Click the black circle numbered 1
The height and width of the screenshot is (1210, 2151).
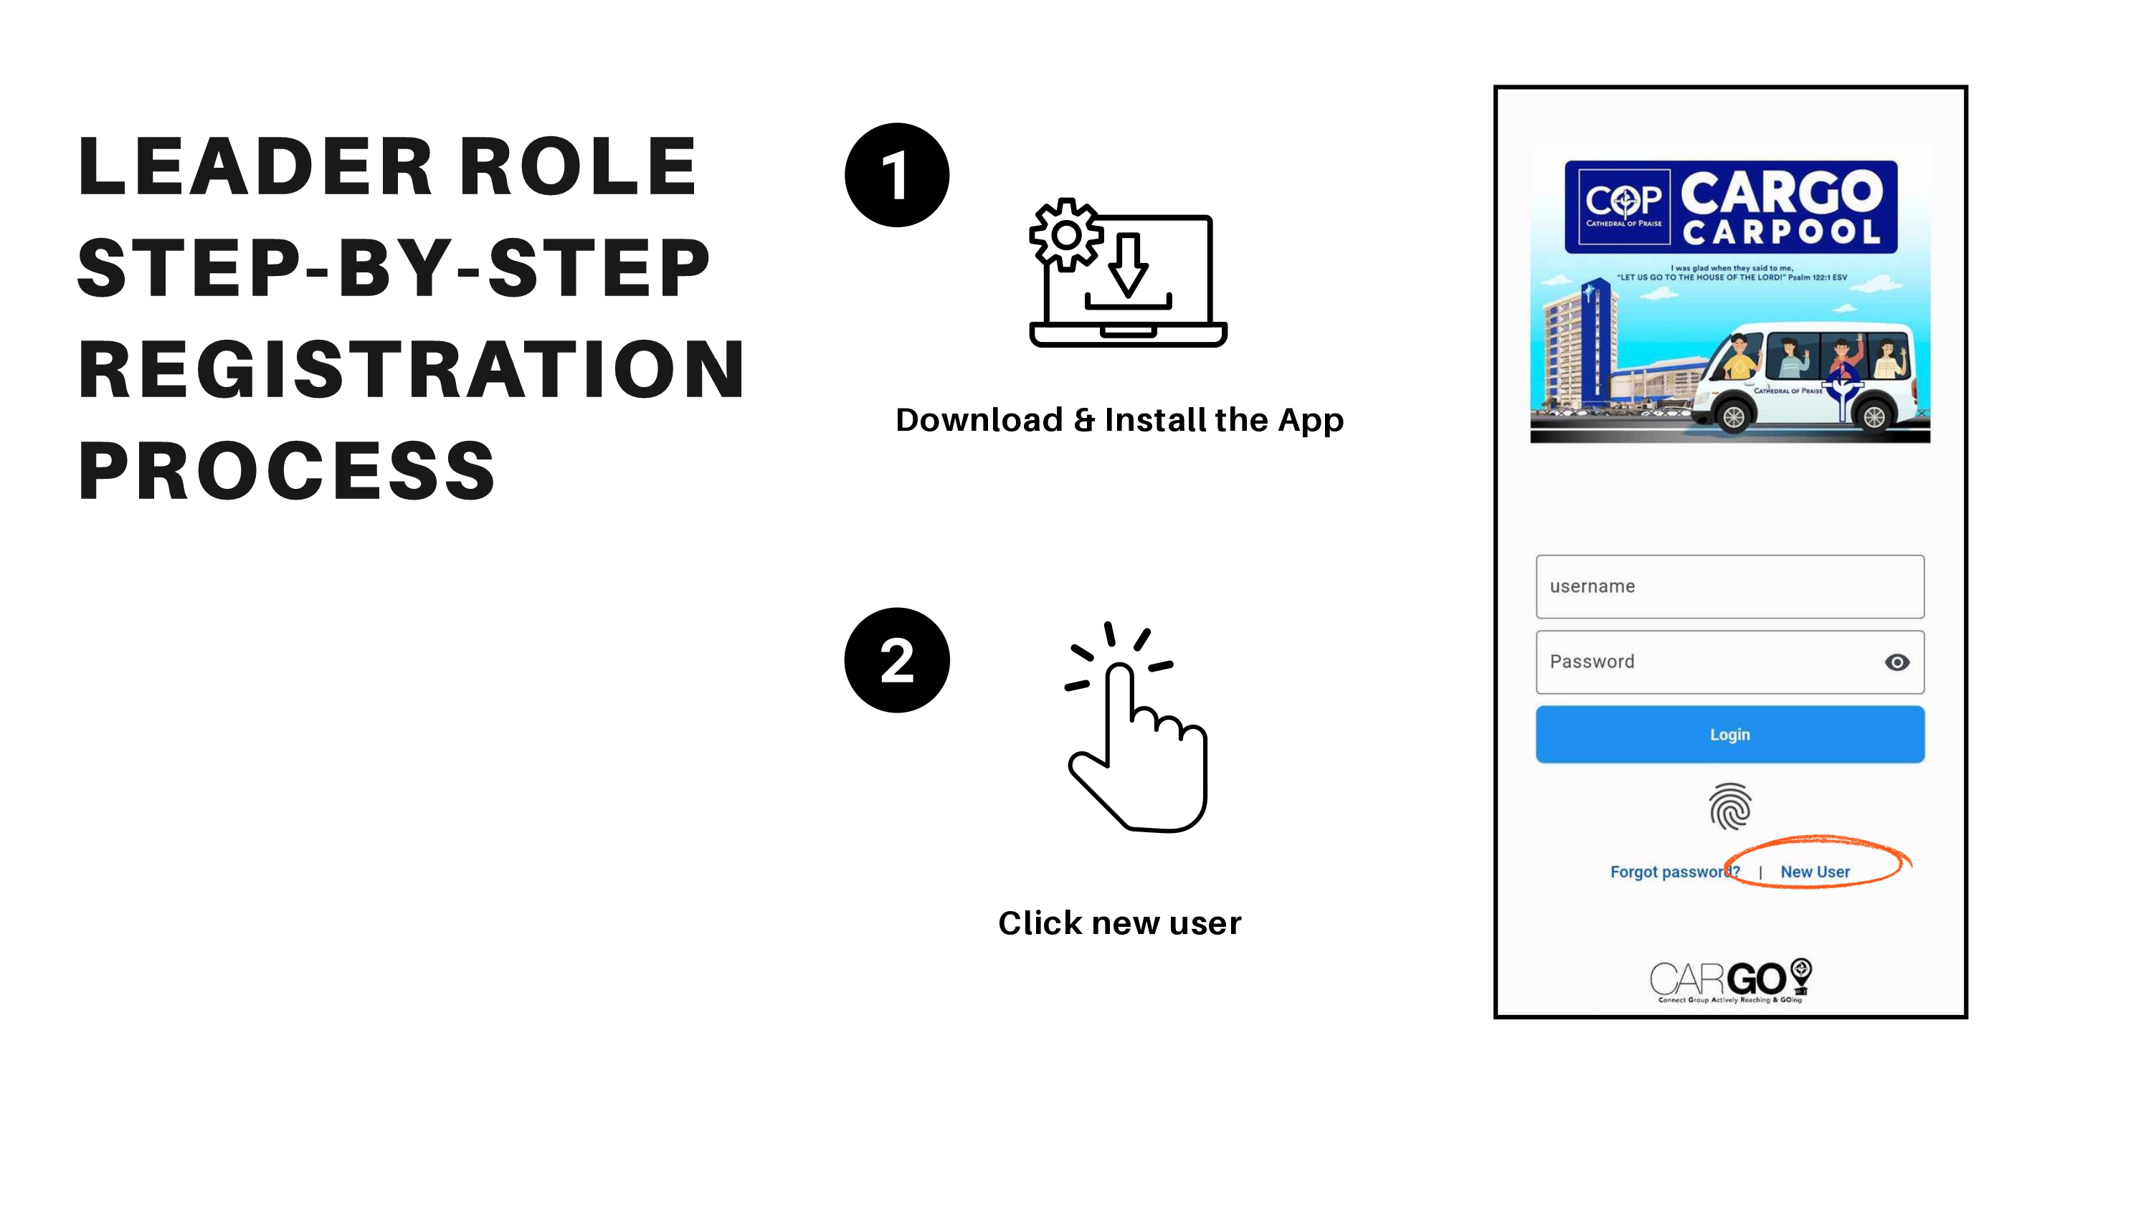pyautogui.click(x=897, y=176)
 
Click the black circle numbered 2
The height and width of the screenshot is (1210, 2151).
pyautogui.click(x=897, y=660)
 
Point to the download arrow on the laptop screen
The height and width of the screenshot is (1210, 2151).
pyautogui.click(x=1128, y=265)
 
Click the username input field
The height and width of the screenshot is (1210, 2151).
pyautogui.click(x=1729, y=586)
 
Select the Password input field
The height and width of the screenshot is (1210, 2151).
pyautogui.click(x=1729, y=662)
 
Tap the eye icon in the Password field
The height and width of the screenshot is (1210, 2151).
pyautogui.click(x=1896, y=662)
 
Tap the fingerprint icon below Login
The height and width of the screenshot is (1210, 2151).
pyautogui.click(x=1729, y=806)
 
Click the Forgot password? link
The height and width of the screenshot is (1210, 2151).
pyautogui.click(x=1674, y=872)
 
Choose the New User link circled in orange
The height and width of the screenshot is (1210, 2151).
pyautogui.click(x=1815, y=872)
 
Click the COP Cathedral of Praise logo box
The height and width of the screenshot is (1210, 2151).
pyautogui.click(x=1623, y=207)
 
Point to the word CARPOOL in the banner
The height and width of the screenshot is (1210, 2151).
pyautogui.click(x=1781, y=232)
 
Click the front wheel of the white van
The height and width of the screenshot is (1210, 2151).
pyautogui.click(x=1734, y=416)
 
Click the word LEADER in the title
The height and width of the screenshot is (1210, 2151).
pyautogui.click(x=255, y=167)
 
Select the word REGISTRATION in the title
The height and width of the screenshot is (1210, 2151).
pyautogui.click(x=412, y=370)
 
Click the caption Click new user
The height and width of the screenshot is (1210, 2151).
pyautogui.click(x=1120, y=923)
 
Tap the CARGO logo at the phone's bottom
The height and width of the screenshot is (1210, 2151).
pyautogui.click(x=1730, y=981)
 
